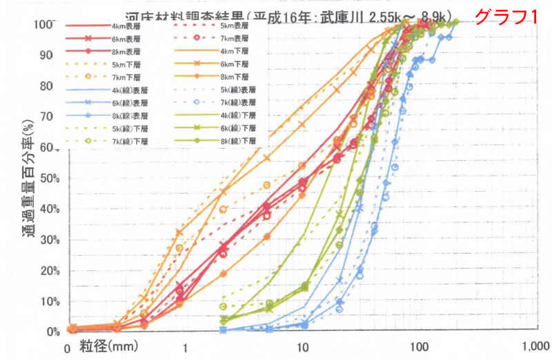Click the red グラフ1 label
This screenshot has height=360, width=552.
[x=507, y=15]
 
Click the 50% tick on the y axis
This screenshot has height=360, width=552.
[x=49, y=178]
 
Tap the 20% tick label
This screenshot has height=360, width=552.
[x=49, y=270]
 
